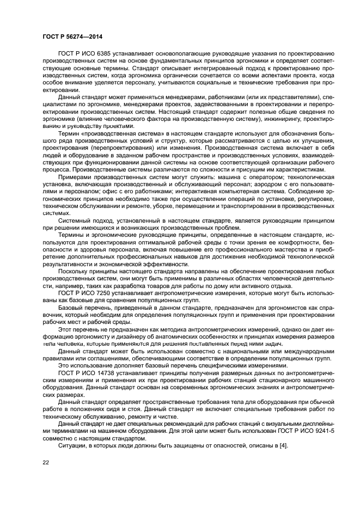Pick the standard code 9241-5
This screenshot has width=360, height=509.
coord(308,431)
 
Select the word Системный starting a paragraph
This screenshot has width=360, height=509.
coord(75,236)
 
